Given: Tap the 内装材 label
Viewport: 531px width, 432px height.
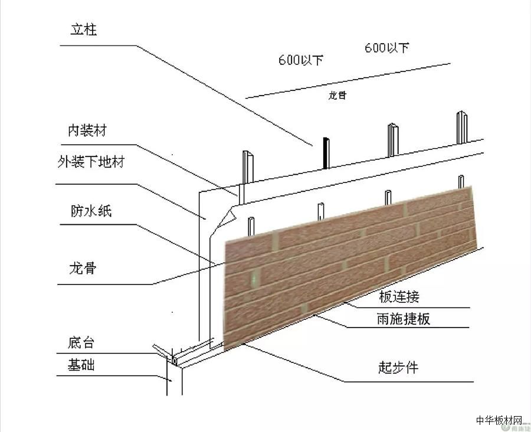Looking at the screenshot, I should click(87, 131).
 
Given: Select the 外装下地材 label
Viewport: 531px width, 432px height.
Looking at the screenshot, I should click(91, 162).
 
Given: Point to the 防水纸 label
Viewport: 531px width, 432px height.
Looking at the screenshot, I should click(91, 211).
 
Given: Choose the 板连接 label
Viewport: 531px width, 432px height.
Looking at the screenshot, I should click(399, 295).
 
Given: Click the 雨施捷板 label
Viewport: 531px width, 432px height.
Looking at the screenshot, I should click(403, 319).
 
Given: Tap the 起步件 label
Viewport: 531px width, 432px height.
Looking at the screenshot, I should click(398, 367).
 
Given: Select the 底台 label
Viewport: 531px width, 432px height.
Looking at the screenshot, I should click(81, 343).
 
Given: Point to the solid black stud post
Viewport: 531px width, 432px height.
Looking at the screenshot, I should click(324, 153).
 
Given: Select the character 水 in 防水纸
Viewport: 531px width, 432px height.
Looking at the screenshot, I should click(91, 211).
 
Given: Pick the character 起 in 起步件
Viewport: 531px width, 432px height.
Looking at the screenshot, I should click(385, 367).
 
